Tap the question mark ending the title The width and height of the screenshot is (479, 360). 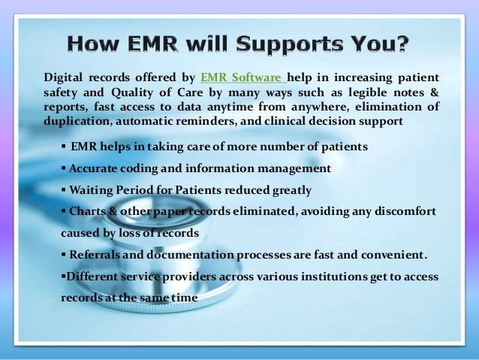[403, 44]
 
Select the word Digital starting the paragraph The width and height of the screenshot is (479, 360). [62, 77]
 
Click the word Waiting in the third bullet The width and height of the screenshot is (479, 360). [91, 190]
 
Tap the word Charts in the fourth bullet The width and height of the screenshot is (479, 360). [88, 212]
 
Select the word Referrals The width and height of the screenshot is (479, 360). [95, 255]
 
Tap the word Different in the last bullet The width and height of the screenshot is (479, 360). [92, 277]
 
